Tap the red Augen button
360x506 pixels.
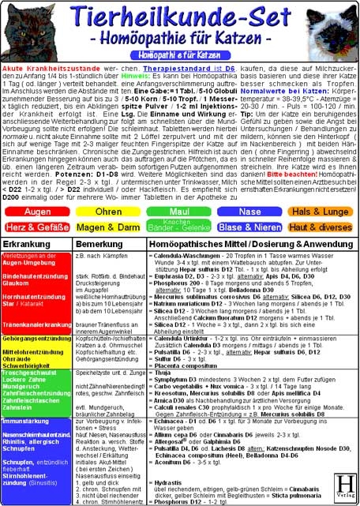click(39, 212)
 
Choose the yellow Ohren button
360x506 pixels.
click(108, 212)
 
